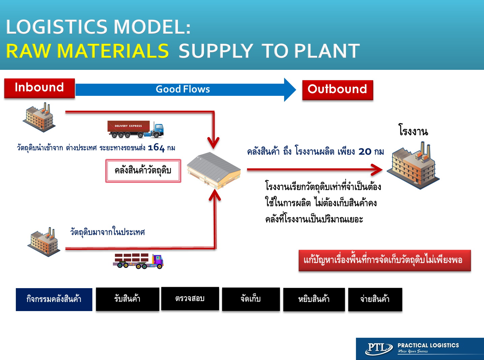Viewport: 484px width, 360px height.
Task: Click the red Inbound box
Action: (39, 88)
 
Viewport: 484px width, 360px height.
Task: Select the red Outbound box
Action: (338, 90)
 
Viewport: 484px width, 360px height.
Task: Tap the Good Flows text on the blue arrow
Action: (183, 89)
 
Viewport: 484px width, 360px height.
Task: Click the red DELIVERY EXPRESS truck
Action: (135, 129)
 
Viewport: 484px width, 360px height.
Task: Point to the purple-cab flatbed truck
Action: (138, 261)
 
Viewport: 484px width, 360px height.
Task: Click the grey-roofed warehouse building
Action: (214, 170)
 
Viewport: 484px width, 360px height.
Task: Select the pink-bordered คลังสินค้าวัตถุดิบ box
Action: (143, 171)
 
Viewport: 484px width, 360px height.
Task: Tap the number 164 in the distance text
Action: (156, 148)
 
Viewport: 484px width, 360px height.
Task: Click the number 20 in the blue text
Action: (365, 151)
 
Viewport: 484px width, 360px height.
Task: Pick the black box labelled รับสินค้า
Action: (127, 299)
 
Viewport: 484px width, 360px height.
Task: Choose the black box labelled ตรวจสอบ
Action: (190, 299)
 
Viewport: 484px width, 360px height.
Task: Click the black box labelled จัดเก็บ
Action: (251, 299)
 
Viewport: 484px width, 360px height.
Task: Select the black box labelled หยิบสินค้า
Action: (314, 299)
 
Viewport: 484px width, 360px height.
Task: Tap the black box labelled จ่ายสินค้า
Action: (375, 299)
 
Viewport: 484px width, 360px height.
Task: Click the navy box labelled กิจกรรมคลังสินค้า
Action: (54, 300)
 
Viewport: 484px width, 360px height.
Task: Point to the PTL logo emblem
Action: (379, 348)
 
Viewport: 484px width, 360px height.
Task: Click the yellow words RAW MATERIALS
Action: (87, 51)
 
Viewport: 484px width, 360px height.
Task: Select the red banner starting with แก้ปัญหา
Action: (385, 260)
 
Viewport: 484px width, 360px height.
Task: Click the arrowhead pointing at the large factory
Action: (377, 170)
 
